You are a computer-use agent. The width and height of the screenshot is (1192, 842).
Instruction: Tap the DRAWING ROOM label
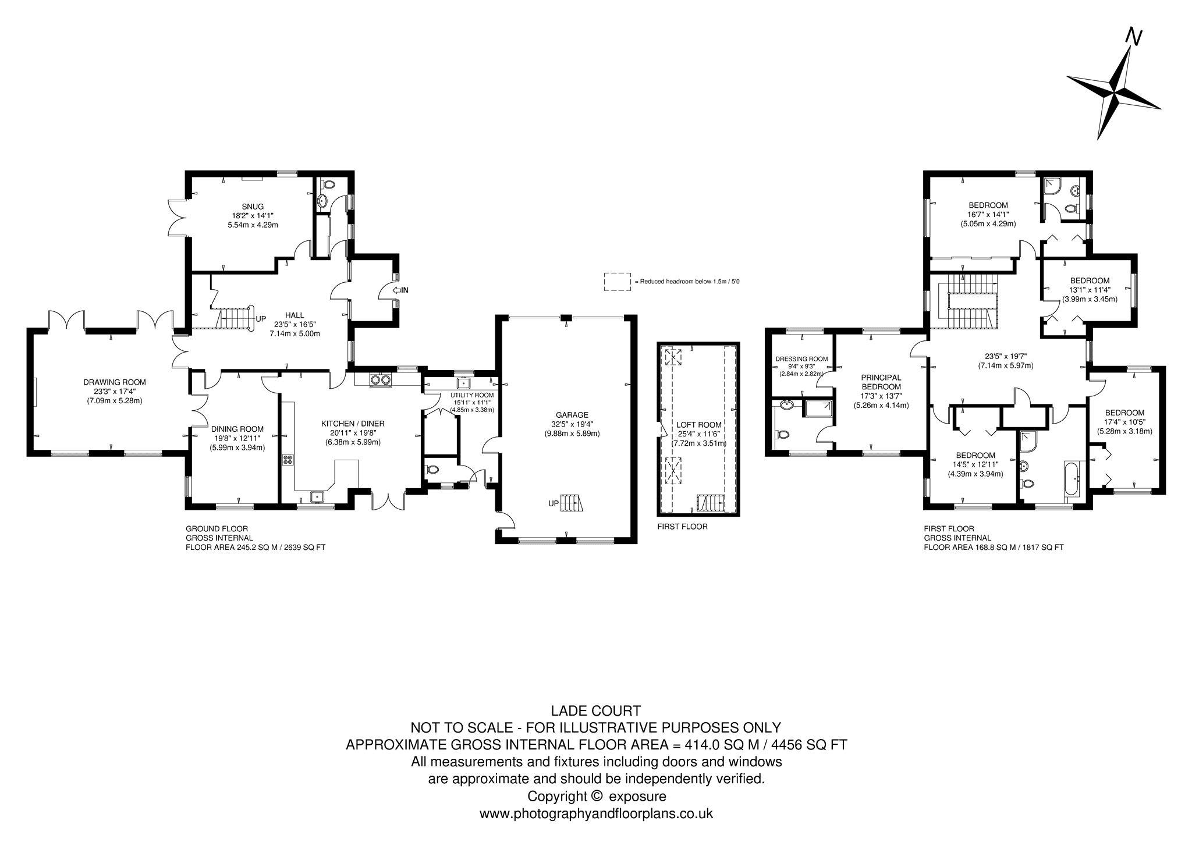114,382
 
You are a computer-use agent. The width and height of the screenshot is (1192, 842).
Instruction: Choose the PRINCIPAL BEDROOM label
881,382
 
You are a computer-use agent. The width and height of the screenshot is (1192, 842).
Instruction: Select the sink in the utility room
464,383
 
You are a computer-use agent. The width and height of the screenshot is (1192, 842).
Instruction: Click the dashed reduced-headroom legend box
617,282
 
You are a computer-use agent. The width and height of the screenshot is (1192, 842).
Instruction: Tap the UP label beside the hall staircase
261,319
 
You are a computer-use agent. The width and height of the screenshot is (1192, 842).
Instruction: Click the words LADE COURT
596,710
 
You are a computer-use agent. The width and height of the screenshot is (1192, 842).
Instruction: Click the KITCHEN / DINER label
353,424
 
